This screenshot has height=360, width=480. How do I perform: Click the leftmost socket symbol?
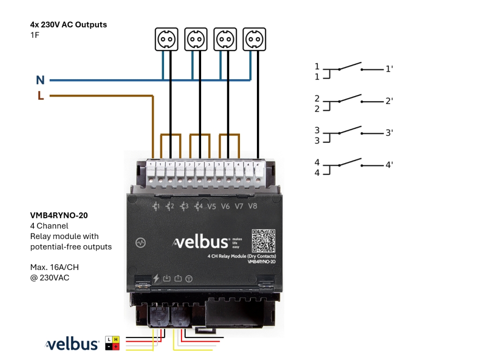pos(166,39)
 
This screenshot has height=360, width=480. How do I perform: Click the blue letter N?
pos(40,81)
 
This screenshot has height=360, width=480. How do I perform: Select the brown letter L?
pos(41,96)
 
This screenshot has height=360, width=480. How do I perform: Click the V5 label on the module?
pos(212,206)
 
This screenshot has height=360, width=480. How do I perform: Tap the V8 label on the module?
pos(253,206)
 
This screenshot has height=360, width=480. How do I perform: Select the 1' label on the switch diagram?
pos(389,69)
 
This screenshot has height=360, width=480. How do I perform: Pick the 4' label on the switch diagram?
pos(389,165)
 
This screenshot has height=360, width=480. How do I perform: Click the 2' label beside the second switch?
pos(389,101)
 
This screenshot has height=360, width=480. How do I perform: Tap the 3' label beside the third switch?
pos(389,133)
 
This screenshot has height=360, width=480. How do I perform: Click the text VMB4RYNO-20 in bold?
pos(59,216)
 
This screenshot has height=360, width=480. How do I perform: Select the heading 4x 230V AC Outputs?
pos(68,24)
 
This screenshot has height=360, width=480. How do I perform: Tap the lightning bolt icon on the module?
pos(156,278)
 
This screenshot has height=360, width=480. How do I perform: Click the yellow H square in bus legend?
pos(116,339)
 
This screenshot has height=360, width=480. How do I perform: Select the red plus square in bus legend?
pos(116,346)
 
